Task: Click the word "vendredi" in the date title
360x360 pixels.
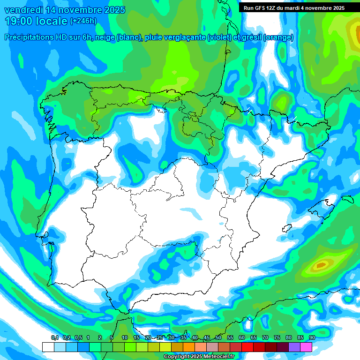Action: [x=22, y=10]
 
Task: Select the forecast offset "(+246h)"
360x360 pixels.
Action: [x=83, y=21]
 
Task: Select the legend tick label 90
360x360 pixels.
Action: [x=312, y=338]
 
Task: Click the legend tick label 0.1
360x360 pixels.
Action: [x=55, y=338]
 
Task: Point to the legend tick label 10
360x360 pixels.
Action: [x=125, y=338]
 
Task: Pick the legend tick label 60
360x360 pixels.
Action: [x=242, y=338]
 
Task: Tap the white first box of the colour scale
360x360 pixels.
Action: [x=48, y=347]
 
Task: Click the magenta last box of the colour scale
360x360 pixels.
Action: [x=306, y=347]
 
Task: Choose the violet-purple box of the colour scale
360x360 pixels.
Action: [x=294, y=347]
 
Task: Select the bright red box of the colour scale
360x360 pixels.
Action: [x=247, y=347]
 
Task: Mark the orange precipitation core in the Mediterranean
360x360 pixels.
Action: [x=321, y=265]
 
